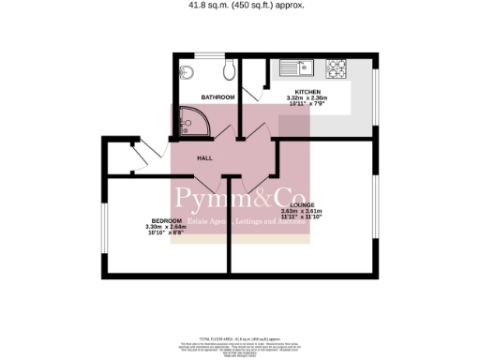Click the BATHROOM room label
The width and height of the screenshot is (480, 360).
(217, 97)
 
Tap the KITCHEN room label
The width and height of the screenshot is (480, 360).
(309, 91)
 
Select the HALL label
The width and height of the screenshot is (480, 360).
(204, 158)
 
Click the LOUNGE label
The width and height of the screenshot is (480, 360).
(302, 204)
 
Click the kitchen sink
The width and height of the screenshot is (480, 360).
(294, 68)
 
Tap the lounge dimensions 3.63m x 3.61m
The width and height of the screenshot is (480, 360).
(302, 214)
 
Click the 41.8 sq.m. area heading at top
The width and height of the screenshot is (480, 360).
(240, 5)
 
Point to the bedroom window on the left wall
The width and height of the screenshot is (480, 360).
(102, 226)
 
